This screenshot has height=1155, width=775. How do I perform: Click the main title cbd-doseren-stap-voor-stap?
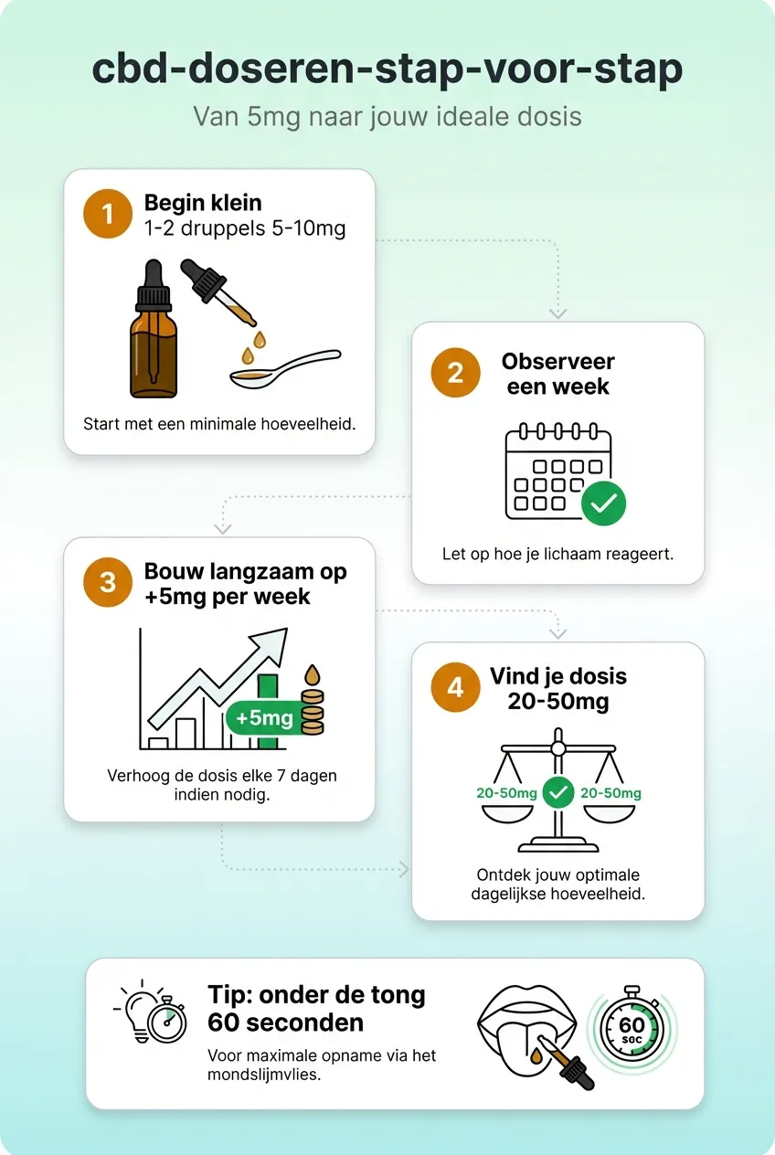point(387,70)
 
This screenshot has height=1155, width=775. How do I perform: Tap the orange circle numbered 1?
point(108,214)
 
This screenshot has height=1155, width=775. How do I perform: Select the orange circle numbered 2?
point(455,373)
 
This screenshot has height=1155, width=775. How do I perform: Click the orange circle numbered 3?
point(108,583)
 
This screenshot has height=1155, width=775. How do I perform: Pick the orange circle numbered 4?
point(455,688)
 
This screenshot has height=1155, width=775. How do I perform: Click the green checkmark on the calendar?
point(604,502)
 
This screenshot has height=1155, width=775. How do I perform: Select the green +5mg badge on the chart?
point(264,718)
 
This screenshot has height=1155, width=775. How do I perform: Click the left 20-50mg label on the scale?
point(506,793)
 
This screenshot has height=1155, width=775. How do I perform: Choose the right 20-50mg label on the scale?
point(610,793)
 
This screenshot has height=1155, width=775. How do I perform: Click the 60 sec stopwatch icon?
point(632,1028)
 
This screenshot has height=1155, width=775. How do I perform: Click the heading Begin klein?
point(203,203)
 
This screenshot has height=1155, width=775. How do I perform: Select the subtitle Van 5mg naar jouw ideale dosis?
point(387,117)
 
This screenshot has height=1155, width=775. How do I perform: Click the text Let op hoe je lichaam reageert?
point(557,554)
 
